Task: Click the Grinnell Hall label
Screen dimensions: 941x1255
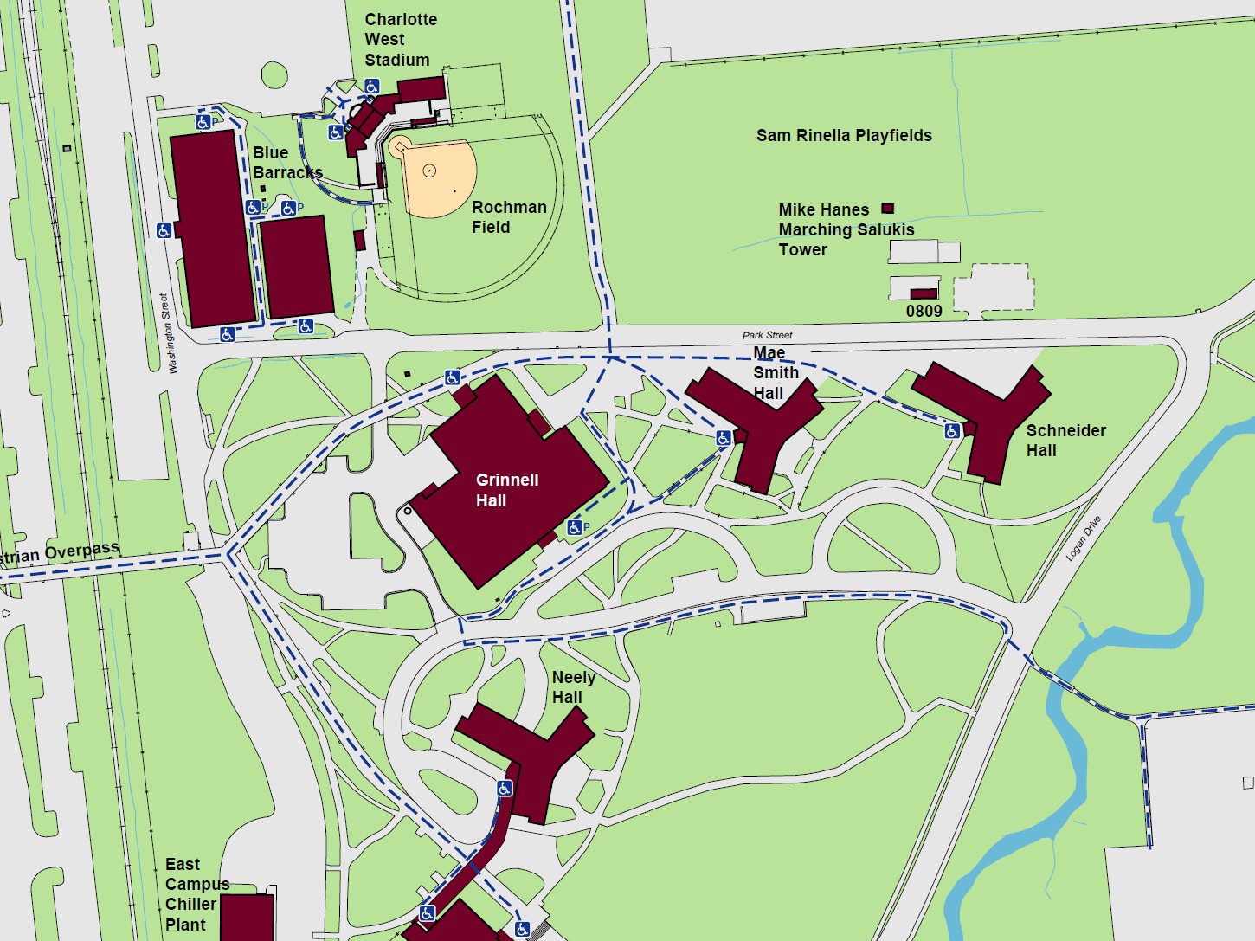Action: point(506,490)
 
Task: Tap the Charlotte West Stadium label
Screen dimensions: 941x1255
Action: point(400,40)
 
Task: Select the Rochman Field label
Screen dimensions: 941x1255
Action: point(508,217)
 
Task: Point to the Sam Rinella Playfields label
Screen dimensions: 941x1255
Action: point(844,135)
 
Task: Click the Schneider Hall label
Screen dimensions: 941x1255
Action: point(1065,440)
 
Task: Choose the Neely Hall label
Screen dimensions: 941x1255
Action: point(573,687)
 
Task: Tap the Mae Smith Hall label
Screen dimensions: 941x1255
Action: point(775,373)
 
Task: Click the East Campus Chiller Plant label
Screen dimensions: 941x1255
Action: point(197,894)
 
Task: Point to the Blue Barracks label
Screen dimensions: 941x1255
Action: point(286,163)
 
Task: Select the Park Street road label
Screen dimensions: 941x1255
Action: point(767,335)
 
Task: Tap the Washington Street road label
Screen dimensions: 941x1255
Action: point(169,333)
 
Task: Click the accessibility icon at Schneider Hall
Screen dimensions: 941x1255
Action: point(952,430)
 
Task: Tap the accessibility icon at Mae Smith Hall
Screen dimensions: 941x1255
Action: point(724,438)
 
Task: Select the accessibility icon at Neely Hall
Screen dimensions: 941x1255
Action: point(505,789)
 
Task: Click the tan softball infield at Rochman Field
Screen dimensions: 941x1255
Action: point(437,177)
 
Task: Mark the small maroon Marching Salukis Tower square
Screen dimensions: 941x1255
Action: point(887,208)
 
